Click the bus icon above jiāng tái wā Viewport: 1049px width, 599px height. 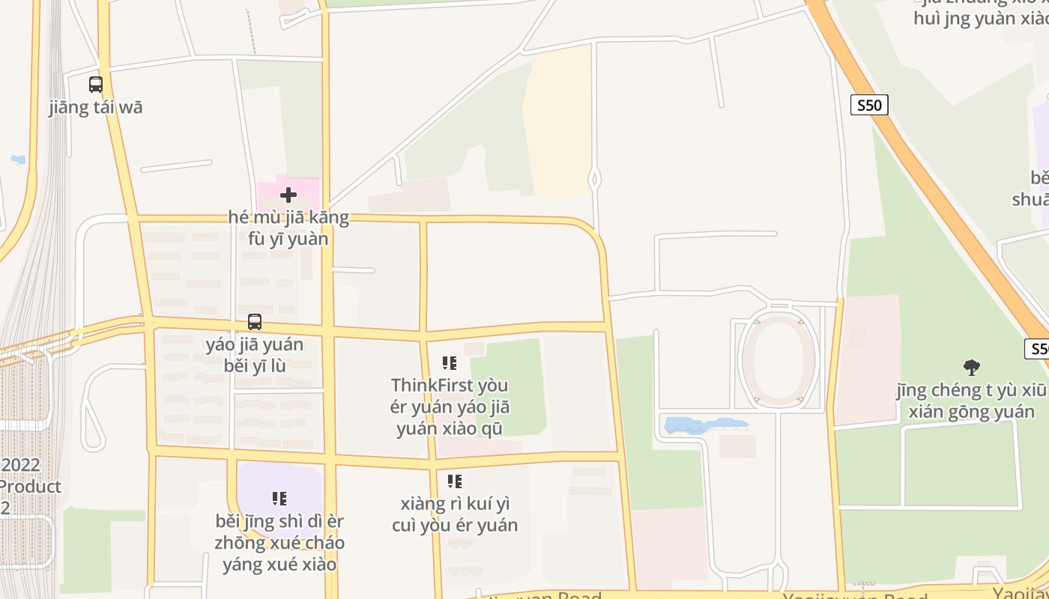pos(96,85)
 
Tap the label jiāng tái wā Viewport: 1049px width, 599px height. pos(96,107)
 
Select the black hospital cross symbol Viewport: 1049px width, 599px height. pos(288,195)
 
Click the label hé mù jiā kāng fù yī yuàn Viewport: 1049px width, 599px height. pos(288,228)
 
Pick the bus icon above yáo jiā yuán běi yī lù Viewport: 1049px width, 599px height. pos(255,322)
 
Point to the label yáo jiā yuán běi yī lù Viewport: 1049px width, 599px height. pos(255,355)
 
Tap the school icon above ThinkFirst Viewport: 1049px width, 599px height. pos(450,363)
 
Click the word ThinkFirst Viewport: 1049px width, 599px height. pos(423,386)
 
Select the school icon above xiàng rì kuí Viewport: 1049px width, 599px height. pos(455,481)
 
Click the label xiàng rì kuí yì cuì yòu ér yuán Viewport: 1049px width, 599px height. pos(455,514)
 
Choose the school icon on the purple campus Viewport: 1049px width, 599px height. pos(279,498)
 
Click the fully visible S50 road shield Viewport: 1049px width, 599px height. pos(869,105)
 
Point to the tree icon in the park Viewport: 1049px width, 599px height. pos(972,367)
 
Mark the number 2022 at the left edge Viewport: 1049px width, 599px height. pos(20,465)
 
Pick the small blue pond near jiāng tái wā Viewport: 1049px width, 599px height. pos(18,159)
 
